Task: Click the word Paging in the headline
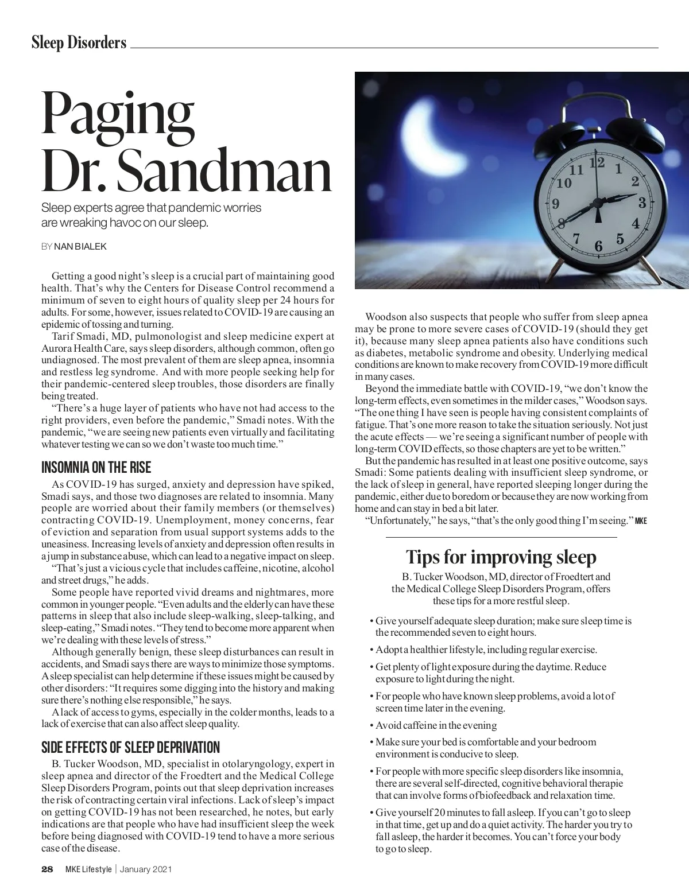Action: tap(117, 114)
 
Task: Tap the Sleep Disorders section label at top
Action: tap(79, 42)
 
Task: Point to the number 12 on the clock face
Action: tap(597, 162)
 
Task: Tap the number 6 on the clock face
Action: tap(598, 246)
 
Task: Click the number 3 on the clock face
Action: tap(642, 203)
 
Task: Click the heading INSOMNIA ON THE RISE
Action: tap(96, 468)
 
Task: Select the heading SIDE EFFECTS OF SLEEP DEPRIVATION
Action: tap(131, 748)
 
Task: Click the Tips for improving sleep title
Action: tap(501, 557)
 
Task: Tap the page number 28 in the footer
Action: tap(47, 869)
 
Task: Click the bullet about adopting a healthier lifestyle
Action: tap(486, 650)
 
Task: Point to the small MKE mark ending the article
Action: tap(641, 521)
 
